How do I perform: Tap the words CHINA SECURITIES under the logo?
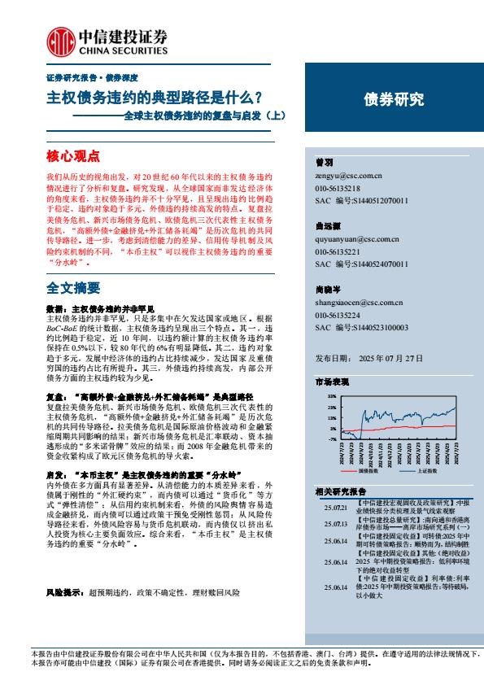(121, 47)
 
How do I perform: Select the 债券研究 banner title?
(394, 100)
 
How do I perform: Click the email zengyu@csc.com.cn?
(347, 175)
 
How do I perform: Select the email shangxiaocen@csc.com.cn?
(359, 302)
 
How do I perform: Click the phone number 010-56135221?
(338, 252)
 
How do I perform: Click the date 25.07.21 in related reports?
(334, 506)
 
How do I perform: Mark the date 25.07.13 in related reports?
(334, 523)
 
